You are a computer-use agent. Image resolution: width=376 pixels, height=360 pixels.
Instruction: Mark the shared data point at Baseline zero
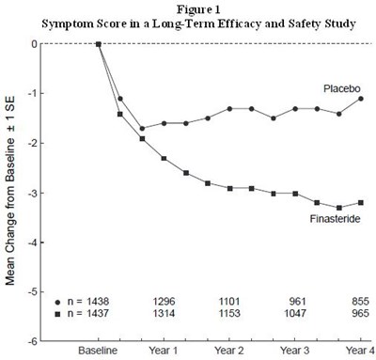pos(99,43)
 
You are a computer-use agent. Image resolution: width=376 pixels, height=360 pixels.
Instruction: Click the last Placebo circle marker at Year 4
pos(361,99)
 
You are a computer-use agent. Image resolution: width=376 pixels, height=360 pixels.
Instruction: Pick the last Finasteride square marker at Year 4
pos(361,202)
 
